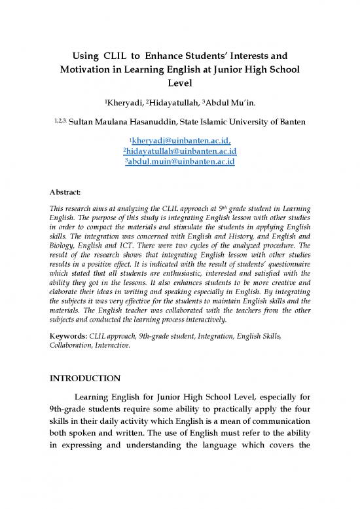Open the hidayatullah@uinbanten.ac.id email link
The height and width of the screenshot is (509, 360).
click(181, 153)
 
